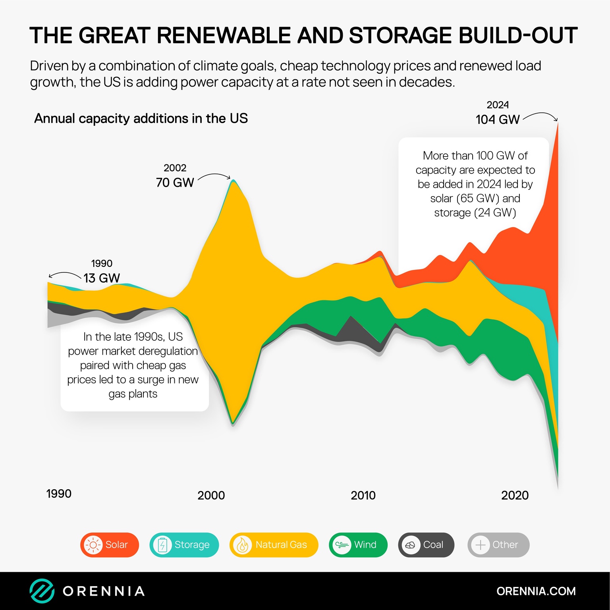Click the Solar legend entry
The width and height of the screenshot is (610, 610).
click(110, 544)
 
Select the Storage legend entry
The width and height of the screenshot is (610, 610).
click(184, 544)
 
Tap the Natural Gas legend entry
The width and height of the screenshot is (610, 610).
click(274, 544)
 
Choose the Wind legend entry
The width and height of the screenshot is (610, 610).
click(358, 544)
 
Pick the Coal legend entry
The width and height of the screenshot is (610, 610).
click(426, 544)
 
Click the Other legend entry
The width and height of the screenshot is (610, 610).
click(498, 544)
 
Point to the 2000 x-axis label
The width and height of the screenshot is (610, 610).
click(211, 495)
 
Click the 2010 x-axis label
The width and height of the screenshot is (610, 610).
click(363, 495)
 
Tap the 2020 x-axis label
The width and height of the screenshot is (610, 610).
click(515, 495)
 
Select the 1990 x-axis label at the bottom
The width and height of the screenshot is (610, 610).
click(59, 494)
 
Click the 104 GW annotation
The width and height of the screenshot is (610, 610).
click(498, 119)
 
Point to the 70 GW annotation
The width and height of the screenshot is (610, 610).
click(175, 182)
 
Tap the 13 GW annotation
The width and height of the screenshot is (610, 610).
click(102, 278)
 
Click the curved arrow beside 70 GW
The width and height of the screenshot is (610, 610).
click(214, 176)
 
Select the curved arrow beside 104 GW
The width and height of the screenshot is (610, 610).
click(541, 116)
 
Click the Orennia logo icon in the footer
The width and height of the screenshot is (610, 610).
click(42, 591)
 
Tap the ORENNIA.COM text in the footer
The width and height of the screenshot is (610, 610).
click(536, 591)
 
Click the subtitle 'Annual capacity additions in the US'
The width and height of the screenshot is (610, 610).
click(141, 118)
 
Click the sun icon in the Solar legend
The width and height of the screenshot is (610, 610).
click(93, 545)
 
